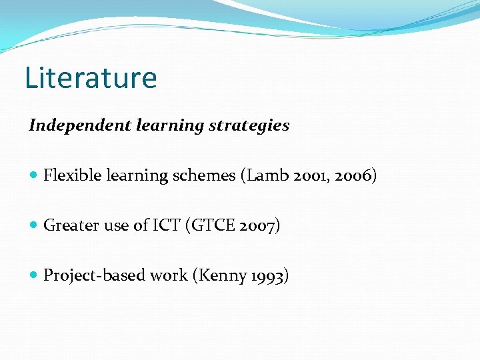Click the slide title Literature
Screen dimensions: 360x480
91,77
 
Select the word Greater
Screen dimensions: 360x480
69,226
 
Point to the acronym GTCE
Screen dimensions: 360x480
213,226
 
